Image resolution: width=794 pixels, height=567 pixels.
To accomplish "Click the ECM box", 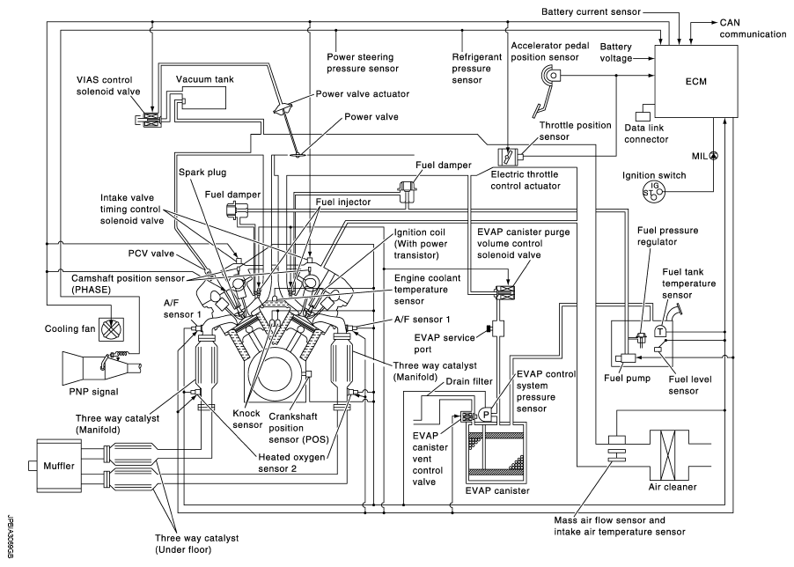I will tap(698, 80).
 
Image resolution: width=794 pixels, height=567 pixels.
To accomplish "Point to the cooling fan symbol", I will tap(111, 328).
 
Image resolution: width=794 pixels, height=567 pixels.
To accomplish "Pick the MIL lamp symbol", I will tap(713, 156).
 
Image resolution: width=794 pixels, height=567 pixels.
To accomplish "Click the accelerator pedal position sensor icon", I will tap(553, 80).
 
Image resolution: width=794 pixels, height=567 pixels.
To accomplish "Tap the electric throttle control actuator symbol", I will tap(509, 158).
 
